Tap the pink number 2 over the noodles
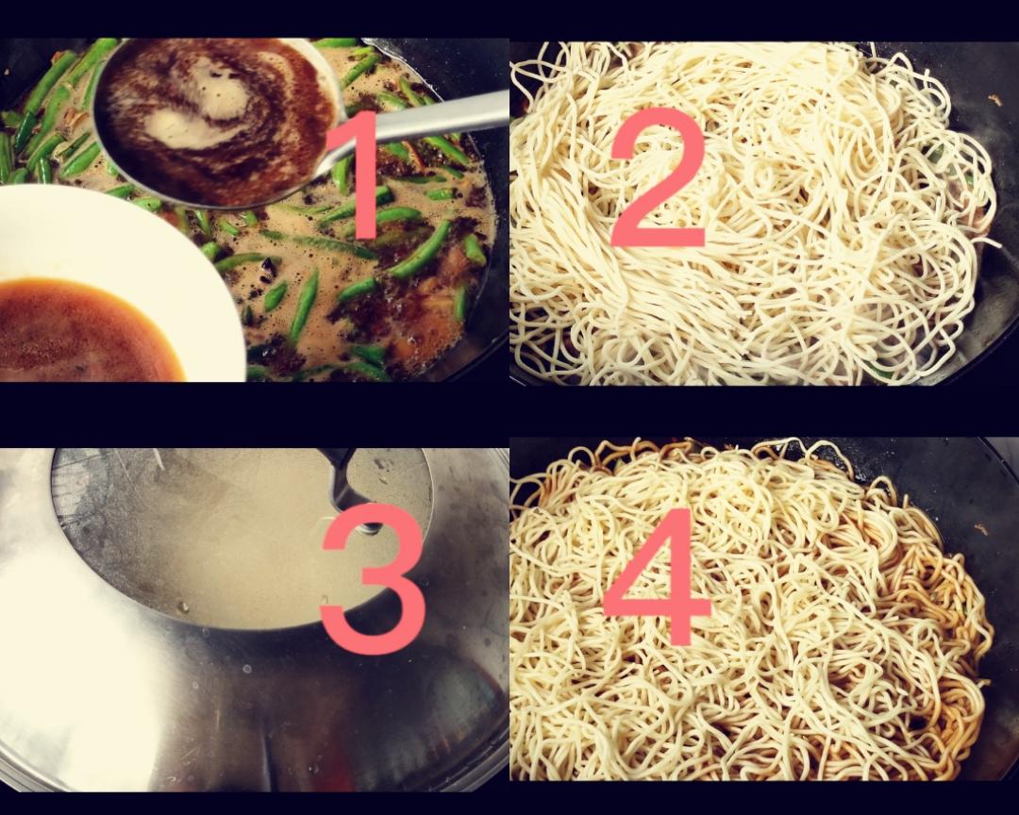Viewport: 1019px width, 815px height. pos(657,178)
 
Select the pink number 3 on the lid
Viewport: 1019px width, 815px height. pos(372,578)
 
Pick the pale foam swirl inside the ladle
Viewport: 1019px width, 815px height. pos(195,104)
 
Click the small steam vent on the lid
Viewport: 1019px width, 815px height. pos(371,526)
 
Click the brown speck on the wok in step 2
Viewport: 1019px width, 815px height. pos(993,98)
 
